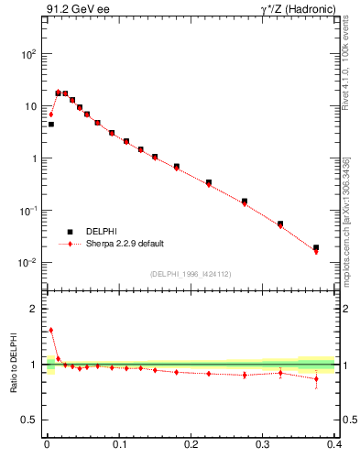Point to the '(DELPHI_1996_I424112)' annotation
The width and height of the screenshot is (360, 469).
(190, 274)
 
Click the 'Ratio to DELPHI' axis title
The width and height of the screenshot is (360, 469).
(14, 365)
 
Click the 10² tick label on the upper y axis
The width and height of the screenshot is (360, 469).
(28, 54)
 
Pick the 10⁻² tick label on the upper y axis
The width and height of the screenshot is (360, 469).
(28, 264)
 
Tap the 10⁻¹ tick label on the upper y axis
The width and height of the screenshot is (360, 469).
(28, 212)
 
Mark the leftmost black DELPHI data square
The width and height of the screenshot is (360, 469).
(50, 124)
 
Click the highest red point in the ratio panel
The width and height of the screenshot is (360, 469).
(50, 330)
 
